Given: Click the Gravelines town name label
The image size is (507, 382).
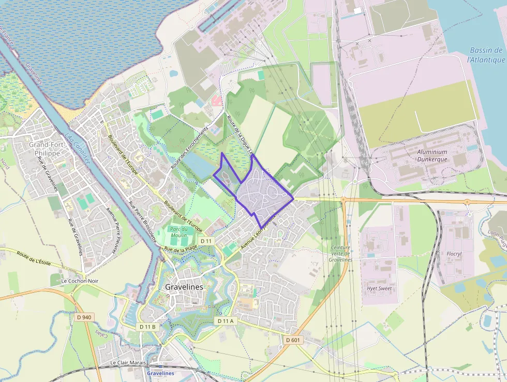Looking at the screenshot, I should (x=184, y=287).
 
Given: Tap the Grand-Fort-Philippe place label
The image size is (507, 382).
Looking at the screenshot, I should (x=47, y=149).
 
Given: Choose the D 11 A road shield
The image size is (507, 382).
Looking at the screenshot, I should (x=225, y=321).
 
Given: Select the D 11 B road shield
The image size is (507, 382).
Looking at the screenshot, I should (x=147, y=327).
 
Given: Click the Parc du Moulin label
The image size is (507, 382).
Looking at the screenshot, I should (x=178, y=233).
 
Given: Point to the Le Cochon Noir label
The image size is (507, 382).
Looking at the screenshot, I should (x=79, y=281).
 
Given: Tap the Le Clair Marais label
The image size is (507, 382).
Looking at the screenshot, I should (x=128, y=363).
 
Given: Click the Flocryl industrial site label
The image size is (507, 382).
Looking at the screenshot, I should (x=454, y=254).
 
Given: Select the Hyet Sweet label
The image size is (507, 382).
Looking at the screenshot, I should (x=379, y=288).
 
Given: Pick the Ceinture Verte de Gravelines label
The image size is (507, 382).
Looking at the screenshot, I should (x=340, y=253).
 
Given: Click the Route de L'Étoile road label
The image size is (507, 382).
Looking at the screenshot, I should (x=34, y=259).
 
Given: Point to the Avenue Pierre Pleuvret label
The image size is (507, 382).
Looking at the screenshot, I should (x=111, y=231).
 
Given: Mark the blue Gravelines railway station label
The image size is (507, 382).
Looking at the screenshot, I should (x=160, y=373).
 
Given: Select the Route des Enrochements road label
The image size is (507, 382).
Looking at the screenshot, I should (x=189, y=148).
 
